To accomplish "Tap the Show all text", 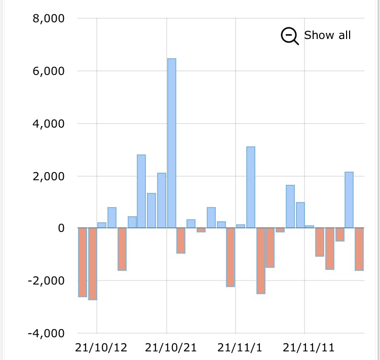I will (x=327, y=35).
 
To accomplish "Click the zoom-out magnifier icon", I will (x=290, y=36).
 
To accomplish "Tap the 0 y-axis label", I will (x=61, y=228).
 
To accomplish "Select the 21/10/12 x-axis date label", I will (x=101, y=348).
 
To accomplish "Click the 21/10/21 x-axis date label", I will (x=170, y=348).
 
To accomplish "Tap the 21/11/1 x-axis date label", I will (x=240, y=348).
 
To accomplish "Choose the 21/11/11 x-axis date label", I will (x=309, y=348).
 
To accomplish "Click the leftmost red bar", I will (x=83, y=262).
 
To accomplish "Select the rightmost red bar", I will (x=359, y=249).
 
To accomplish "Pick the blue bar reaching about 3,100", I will (x=251, y=187).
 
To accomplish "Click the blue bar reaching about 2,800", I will (x=141, y=191).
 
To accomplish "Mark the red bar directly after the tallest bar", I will (x=181, y=241).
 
